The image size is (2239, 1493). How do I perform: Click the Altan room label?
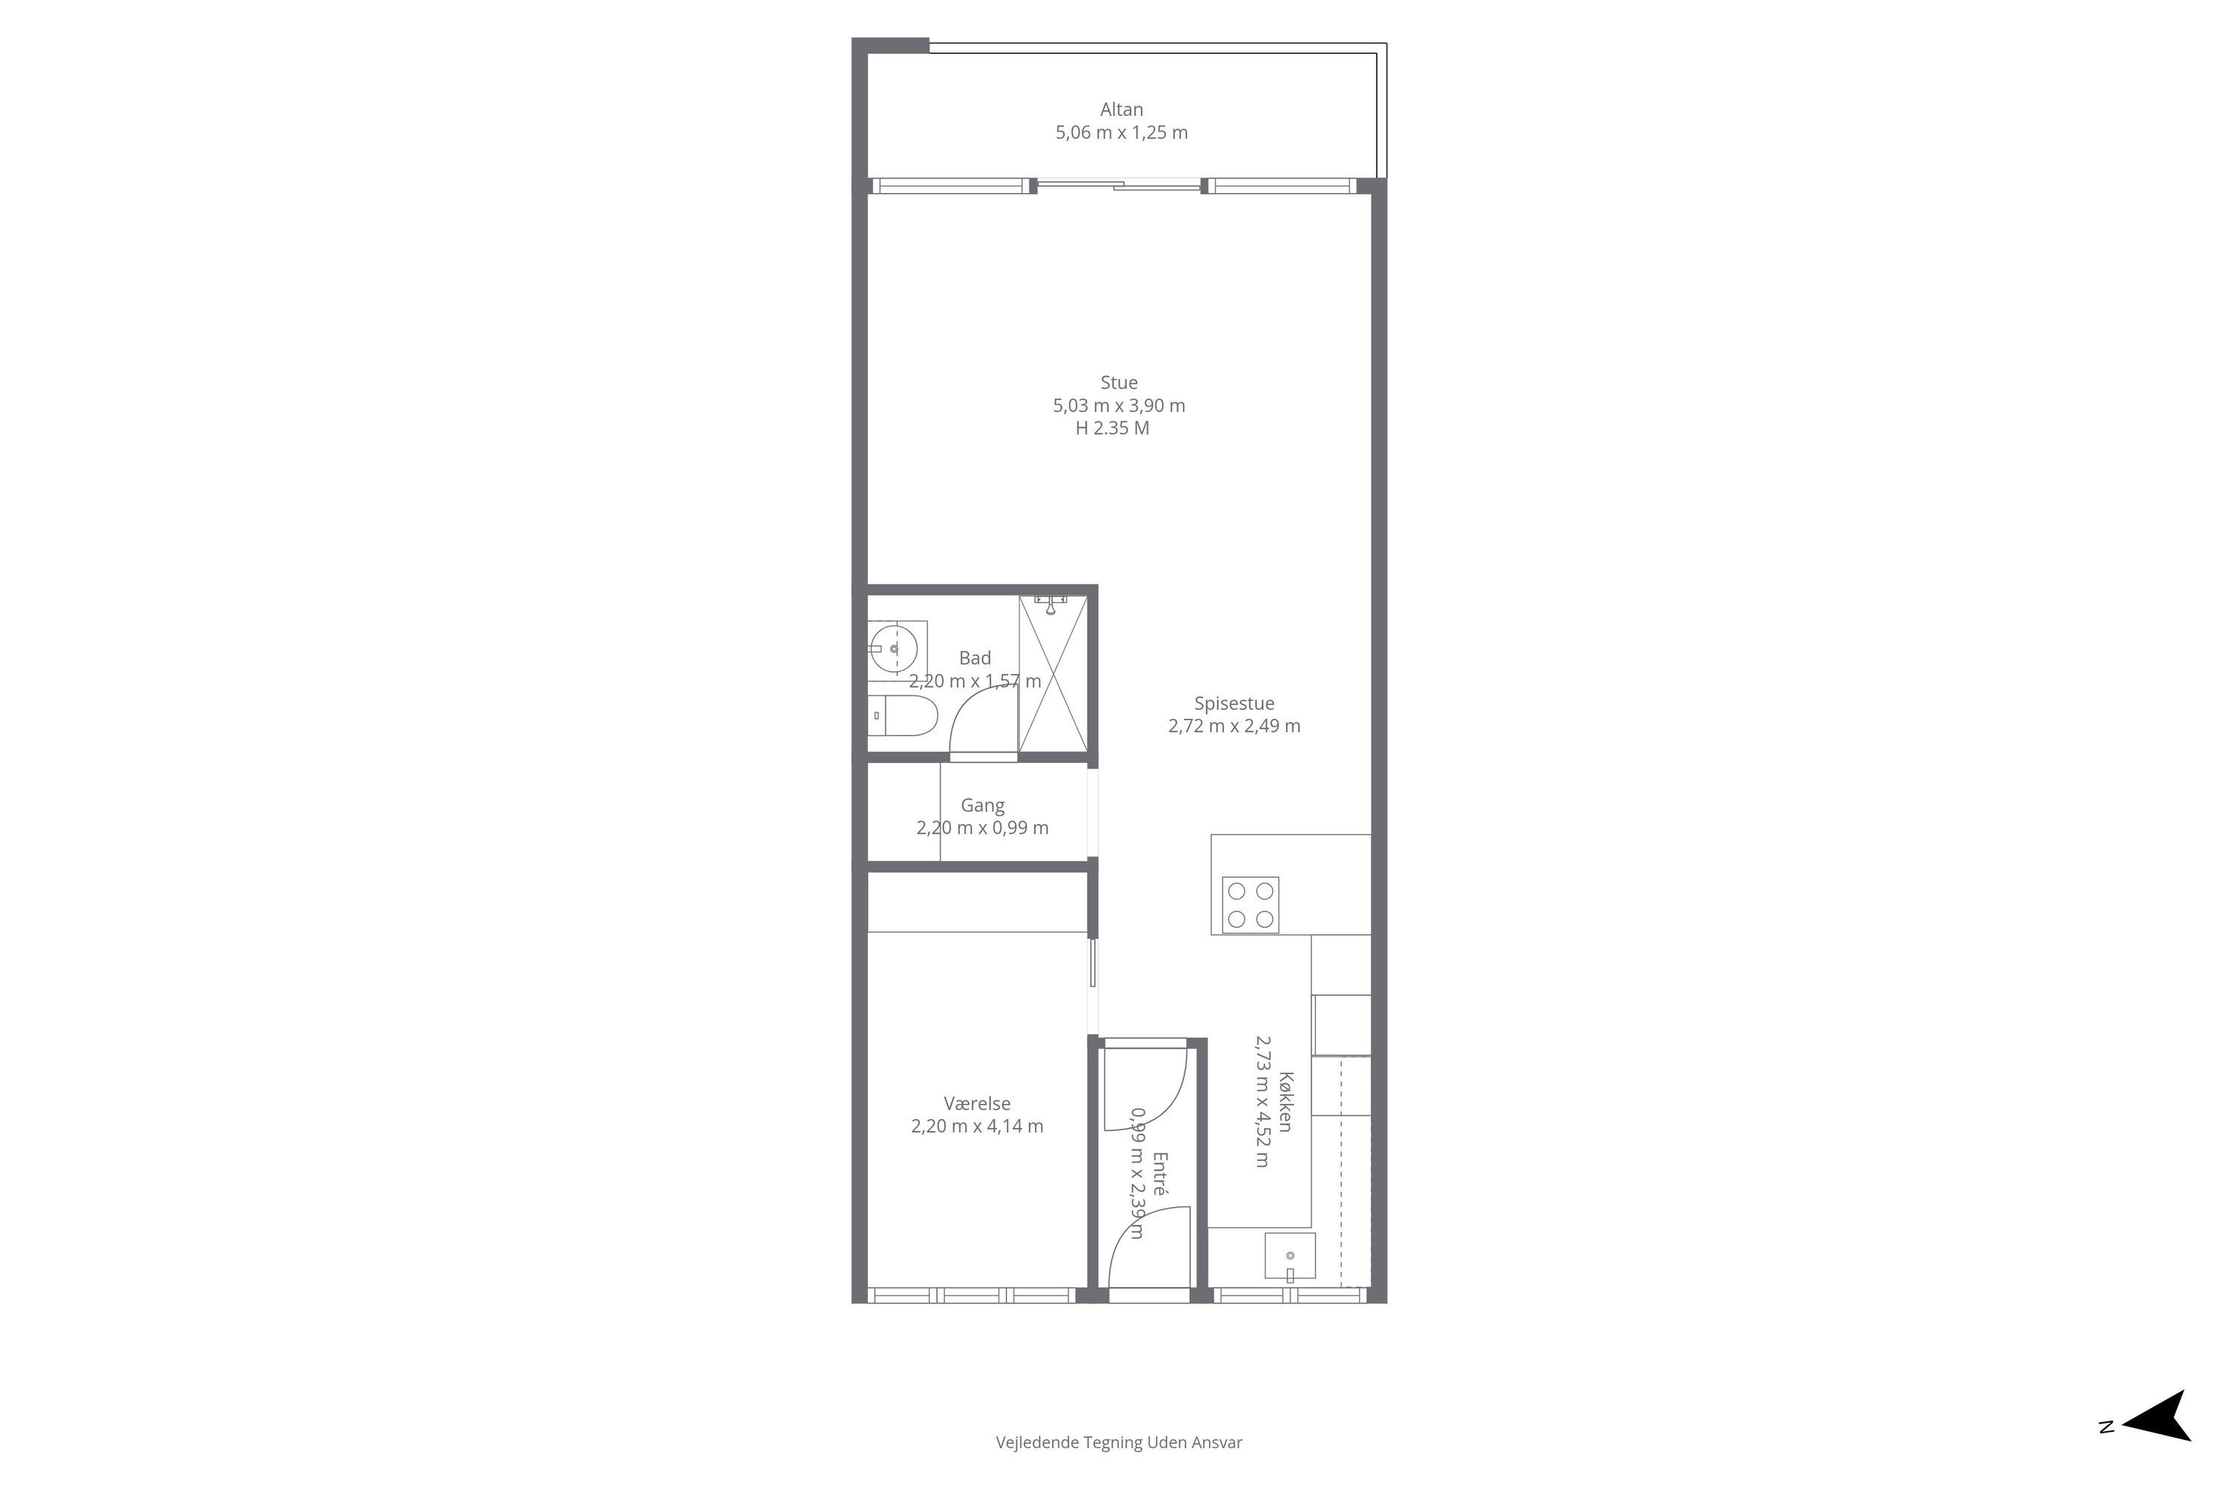coord(1122,110)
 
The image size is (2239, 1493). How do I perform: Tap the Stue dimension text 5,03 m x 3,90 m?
coord(1119,405)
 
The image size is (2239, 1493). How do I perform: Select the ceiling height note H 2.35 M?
coord(1112,428)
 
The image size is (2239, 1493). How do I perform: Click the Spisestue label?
coord(1234,704)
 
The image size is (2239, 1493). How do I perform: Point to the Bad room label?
coord(975,658)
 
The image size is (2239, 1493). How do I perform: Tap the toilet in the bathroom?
coord(902,716)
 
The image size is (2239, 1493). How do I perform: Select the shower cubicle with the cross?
coord(1053,673)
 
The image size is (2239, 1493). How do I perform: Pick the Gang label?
coord(982,805)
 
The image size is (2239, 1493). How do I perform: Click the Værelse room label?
coord(977,1103)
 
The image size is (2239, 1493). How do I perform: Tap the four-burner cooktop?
coord(1250,905)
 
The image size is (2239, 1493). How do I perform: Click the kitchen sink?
coord(1290,1256)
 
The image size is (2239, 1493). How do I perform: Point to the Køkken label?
coord(1286,1102)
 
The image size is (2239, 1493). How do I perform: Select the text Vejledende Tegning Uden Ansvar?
coord(1119,1442)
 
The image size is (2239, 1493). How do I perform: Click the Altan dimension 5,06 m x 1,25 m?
coord(1122,132)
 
